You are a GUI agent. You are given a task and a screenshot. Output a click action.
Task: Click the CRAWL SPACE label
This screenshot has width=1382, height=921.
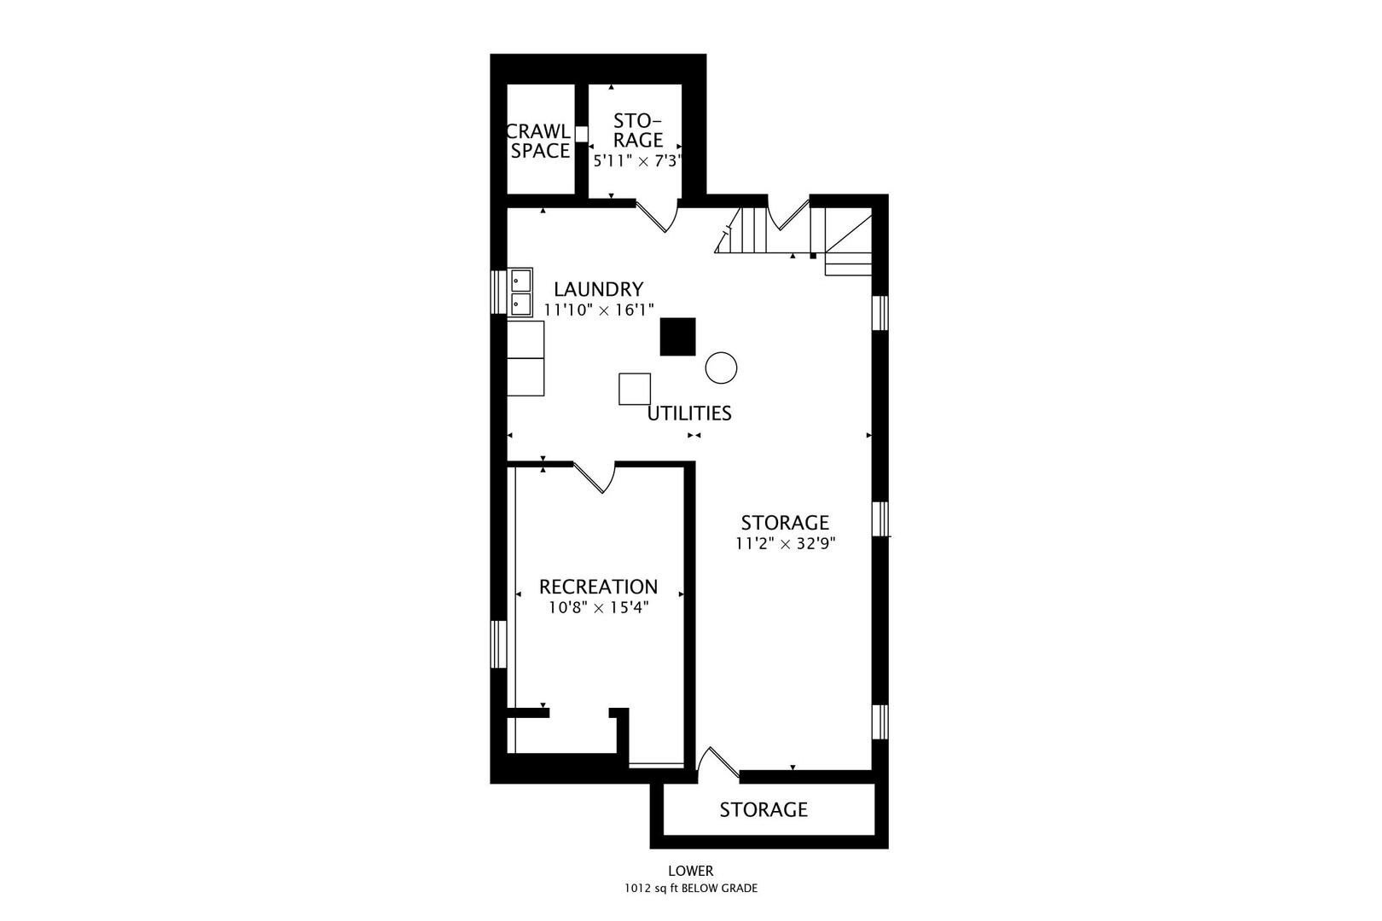(539, 141)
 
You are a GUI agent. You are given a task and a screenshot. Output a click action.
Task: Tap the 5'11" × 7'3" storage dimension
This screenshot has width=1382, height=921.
(636, 159)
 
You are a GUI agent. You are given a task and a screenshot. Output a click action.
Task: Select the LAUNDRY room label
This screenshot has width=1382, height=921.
(598, 289)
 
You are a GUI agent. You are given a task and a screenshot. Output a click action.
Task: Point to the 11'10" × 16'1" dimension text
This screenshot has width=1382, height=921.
(598, 310)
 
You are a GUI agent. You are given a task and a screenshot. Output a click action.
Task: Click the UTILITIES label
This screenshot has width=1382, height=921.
(689, 414)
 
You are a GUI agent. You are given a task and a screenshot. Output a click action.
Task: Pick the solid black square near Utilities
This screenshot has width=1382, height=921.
(677, 336)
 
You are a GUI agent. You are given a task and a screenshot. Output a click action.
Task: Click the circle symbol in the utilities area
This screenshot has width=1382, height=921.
(721, 368)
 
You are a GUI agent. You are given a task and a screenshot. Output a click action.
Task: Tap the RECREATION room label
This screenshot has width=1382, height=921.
(598, 587)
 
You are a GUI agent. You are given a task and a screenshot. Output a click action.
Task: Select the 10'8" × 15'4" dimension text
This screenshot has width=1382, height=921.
(598, 608)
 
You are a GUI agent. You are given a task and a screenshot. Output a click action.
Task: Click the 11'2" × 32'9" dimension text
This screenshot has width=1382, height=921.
(785, 544)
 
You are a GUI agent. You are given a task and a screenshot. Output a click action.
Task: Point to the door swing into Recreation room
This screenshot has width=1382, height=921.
(595, 478)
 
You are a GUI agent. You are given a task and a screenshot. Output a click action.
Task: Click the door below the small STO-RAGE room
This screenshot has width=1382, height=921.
(659, 217)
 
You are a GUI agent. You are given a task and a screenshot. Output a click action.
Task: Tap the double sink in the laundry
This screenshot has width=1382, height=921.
(521, 292)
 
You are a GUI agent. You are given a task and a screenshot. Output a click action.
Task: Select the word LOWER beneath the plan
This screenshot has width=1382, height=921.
(690, 871)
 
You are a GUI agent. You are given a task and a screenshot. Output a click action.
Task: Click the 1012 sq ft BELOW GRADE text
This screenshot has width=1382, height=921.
(690, 889)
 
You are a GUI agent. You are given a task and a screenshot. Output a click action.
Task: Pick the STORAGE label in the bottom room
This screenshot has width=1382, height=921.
(764, 809)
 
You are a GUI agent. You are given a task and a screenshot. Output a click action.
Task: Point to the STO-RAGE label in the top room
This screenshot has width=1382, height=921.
(637, 130)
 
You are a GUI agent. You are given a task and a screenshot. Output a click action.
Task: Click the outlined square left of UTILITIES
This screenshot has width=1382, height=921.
(635, 389)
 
